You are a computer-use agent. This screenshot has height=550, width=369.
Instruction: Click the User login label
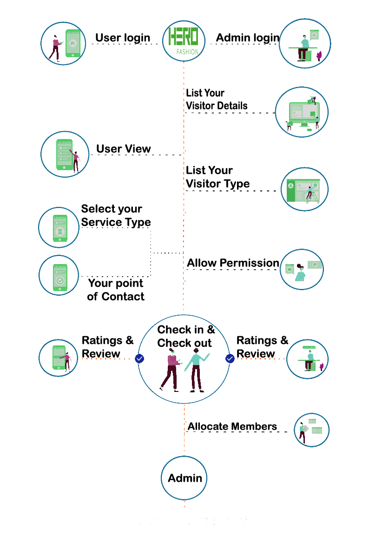123,38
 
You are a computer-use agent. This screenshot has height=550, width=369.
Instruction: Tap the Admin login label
248,38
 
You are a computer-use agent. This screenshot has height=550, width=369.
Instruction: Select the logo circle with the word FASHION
184,42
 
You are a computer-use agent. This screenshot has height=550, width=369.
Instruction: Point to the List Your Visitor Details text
217,99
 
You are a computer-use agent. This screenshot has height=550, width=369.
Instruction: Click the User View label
124,149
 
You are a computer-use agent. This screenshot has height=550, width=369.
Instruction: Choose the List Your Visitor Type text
217,177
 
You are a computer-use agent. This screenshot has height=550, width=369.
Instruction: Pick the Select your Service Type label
116,216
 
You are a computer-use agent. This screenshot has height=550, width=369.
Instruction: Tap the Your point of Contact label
116,290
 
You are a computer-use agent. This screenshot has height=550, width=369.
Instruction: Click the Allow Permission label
233,263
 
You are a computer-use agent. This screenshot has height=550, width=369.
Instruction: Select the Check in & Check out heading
185,336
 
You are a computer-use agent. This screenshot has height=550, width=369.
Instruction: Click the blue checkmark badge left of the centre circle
139,358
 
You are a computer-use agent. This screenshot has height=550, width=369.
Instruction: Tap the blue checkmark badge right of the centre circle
230,358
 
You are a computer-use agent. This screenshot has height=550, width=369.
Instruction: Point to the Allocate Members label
232,426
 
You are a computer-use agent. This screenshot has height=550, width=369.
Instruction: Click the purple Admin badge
184,478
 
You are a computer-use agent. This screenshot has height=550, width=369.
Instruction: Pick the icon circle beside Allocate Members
311,430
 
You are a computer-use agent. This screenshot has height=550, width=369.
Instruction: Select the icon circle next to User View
65,154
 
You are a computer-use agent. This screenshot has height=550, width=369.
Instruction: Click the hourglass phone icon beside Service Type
59,227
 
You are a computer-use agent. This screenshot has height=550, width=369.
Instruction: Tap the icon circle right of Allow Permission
302,270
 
